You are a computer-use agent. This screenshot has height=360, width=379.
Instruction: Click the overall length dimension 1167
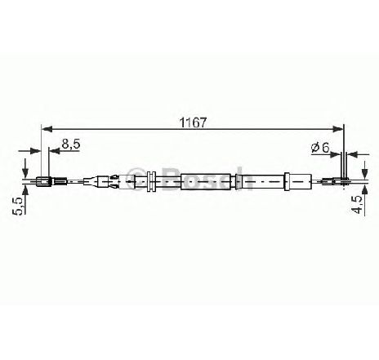pos(193,122)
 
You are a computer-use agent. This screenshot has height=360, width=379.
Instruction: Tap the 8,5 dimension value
pos(71,144)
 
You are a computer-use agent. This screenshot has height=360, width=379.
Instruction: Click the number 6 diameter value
pos(325,147)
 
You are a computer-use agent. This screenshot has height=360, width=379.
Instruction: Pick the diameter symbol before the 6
pos(314,148)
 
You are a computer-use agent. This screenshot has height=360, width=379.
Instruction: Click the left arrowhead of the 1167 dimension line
pos(47,128)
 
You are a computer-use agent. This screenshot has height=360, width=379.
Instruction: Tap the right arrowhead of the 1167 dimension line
pos(338,128)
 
